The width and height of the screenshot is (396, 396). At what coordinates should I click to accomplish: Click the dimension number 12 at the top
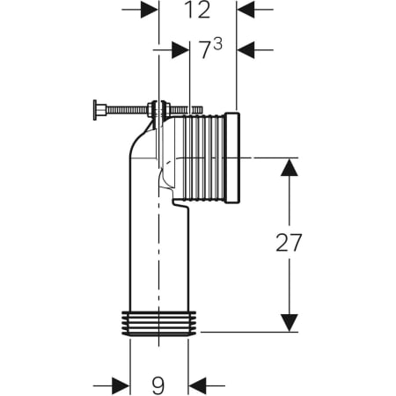pos(197,10)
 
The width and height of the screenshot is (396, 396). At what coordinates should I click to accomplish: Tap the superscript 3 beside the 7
pos(217,46)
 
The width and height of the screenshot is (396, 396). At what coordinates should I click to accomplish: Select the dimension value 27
pos(289,243)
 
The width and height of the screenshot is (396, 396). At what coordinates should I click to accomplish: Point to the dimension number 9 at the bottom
pos(158,385)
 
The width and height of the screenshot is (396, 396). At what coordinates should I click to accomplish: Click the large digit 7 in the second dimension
pos(206,51)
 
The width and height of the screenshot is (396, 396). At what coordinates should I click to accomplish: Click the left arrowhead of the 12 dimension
pos(150,10)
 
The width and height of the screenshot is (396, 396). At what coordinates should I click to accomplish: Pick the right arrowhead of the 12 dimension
pos(246,10)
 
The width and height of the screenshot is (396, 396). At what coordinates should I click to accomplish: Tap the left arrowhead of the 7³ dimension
pos(180,50)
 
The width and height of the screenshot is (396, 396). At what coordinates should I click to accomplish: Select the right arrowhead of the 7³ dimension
pos(246,50)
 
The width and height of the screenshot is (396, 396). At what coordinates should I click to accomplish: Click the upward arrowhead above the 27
pos(290,167)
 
